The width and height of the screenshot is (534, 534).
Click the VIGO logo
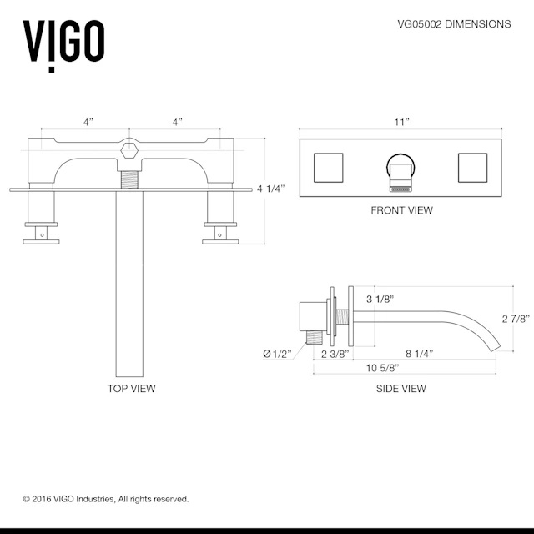click(x=63, y=42)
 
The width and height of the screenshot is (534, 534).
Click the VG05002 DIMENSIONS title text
click(x=453, y=24)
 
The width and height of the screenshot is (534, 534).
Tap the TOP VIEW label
click(x=131, y=388)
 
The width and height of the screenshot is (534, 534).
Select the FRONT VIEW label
click(x=401, y=210)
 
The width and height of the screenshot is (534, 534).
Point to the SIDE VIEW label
click(x=401, y=388)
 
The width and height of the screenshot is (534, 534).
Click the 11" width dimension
click(x=401, y=122)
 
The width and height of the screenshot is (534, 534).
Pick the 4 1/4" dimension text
click(x=271, y=189)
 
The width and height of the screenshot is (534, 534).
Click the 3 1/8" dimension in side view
click(x=380, y=299)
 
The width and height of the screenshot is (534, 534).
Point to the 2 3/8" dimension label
click(x=335, y=354)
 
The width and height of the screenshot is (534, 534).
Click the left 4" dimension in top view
click(x=88, y=122)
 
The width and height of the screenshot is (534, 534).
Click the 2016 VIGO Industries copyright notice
click(x=106, y=499)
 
